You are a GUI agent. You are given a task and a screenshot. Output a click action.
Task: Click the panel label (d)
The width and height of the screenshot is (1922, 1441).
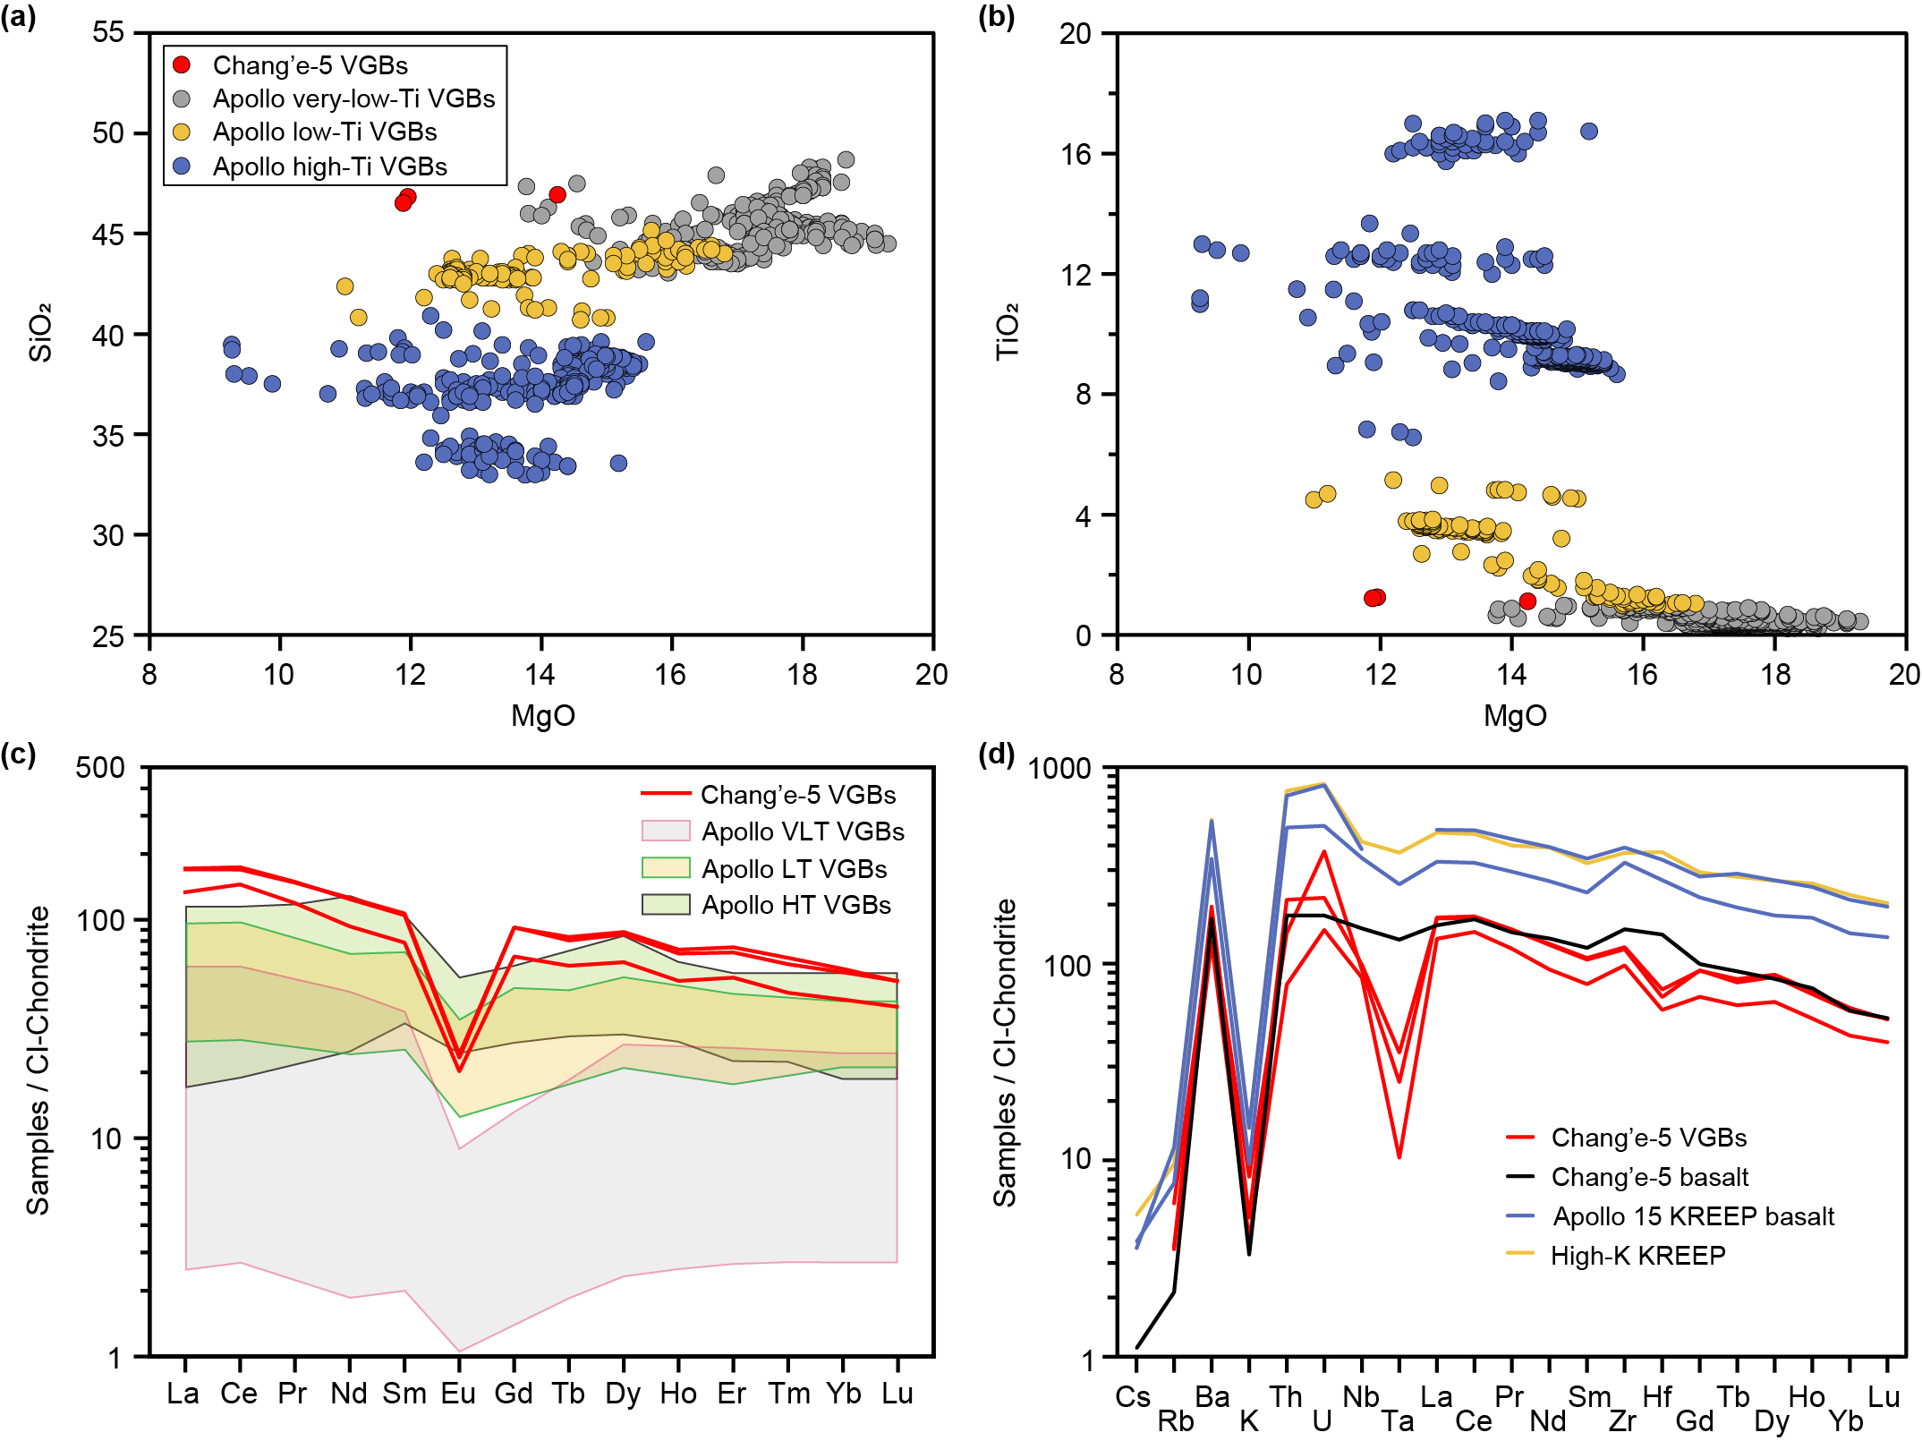tap(996, 755)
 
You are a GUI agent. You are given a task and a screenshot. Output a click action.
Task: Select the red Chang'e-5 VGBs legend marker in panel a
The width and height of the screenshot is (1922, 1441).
tap(182, 64)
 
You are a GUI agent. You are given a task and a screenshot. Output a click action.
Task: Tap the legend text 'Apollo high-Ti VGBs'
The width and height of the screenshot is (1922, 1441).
tap(329, 166)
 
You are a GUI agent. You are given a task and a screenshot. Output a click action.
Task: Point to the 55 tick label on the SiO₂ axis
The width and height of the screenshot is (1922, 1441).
tap(108, 33)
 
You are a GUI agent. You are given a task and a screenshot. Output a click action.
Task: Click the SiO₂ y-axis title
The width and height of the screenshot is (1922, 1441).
tap(40, 332)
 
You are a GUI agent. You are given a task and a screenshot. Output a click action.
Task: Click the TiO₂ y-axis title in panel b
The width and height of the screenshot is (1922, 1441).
tap(1008, 332)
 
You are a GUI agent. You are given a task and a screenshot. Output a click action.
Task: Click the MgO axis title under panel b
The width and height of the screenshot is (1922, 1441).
tap(1515, 715)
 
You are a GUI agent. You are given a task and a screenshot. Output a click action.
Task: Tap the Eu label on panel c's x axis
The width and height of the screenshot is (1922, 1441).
tap(458, 1394)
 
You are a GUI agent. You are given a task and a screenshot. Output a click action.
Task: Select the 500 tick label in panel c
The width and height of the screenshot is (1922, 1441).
tap(100, 768)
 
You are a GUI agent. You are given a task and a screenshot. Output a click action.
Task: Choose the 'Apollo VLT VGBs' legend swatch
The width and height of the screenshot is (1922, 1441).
tap(666, 831)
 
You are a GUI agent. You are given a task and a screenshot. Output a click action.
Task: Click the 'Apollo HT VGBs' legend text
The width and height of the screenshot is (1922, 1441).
tap(796, 905)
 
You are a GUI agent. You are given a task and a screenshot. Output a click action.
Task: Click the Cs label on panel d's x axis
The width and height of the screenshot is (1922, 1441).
tap(1133, 1397)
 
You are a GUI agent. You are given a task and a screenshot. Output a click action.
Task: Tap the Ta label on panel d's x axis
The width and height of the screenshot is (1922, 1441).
tap(1398, 1421)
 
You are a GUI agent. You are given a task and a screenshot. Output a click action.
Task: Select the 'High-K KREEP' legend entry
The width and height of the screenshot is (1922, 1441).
tap(1637, 1256)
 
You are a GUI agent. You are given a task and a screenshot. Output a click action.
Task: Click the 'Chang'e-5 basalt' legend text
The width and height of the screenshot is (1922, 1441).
tap(1649, 1177)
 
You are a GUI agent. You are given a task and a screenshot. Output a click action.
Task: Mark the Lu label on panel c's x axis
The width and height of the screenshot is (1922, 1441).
tap(897, 1394)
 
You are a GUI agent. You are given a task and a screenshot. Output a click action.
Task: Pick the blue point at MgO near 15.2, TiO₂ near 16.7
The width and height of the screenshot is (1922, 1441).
tap(1589, 132)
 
